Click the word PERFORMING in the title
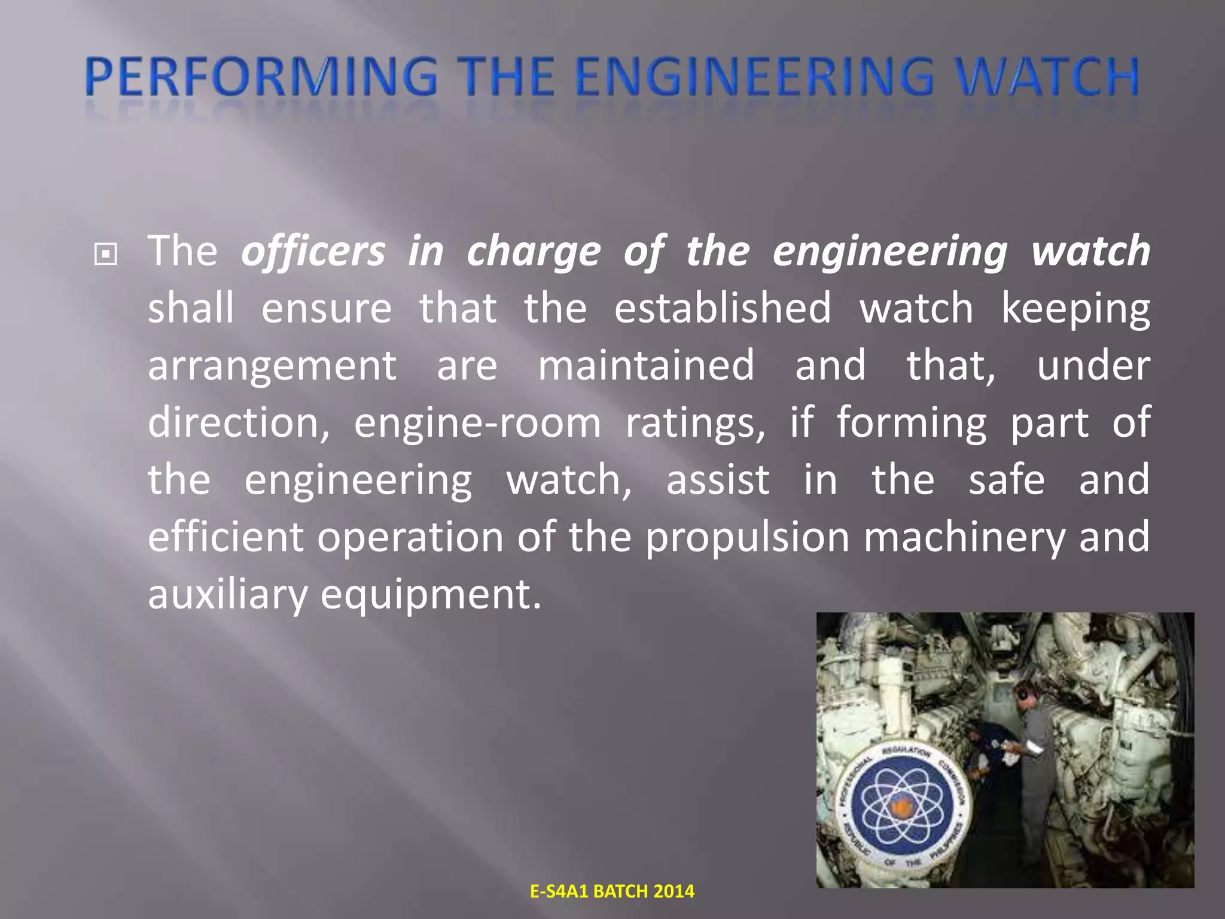pos(261,78)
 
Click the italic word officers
pos(313,251)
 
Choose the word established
pos(723,308)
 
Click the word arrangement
pos(272,366)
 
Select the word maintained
pos(646,365)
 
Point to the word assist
pos(718,480)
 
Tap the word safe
pos(1007,480)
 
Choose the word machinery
pos(964,537)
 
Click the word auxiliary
pos(227,595)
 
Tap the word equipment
pos(431,595)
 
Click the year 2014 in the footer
pos(674,891)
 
